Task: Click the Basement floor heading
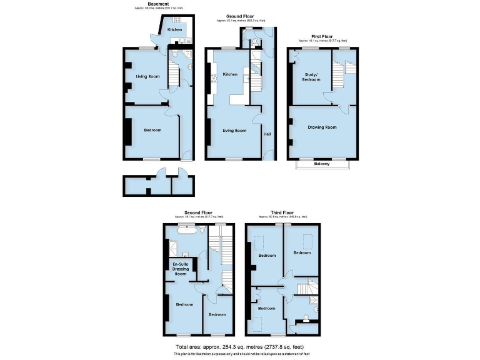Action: tap(159, 4)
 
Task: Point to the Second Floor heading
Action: tap(196, 212)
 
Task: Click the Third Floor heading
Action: tap(282, 212)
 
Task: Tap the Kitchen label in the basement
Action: tap(174, 29)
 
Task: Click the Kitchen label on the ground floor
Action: tap(231, 74)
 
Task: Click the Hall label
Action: tap(267, 134)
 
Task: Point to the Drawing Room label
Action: tap(322, 127)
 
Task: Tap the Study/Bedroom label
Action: tap(311, 77)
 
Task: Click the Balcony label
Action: tap(322, 164)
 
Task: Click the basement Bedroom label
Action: tap(152, 130)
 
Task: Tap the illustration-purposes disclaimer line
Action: tap(240, 353)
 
